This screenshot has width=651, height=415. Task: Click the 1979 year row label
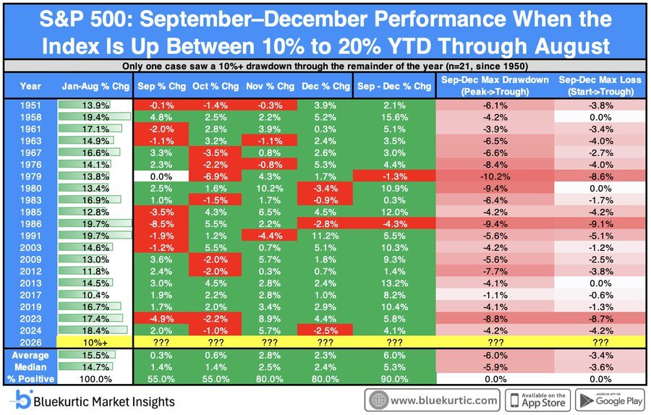tap(30, 176)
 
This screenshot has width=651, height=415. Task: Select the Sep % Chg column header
tap(161, 86)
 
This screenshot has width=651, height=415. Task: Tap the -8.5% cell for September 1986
tap(161, 224)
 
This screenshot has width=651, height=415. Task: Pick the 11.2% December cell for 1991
tap(325, 236)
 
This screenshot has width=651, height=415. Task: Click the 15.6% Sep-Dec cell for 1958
tap(394, 117)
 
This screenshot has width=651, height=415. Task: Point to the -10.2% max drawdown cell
tap(495, 176)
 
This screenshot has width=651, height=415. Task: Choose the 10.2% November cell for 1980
tap(270, 189)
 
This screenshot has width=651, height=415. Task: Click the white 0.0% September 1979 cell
tap(161, 176)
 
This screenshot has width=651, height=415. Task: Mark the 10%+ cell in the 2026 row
tap(95, 343)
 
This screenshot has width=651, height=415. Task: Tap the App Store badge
tap(537, 401)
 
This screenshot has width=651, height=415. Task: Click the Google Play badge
tap(610, 401)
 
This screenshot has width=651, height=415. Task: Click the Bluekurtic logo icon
tap(22, 400)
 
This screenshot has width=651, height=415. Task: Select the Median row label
tap(30, 367)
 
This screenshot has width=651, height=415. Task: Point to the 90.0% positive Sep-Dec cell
tap(394, 379)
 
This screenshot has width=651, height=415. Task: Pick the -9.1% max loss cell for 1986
tap(600, 224)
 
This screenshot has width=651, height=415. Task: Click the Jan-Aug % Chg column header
tap(95, 86)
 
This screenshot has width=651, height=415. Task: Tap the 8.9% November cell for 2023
tap(270, 319)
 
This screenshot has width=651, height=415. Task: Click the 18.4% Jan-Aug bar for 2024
tap(93, 330)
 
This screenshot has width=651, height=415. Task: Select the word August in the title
tap(573, 46)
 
